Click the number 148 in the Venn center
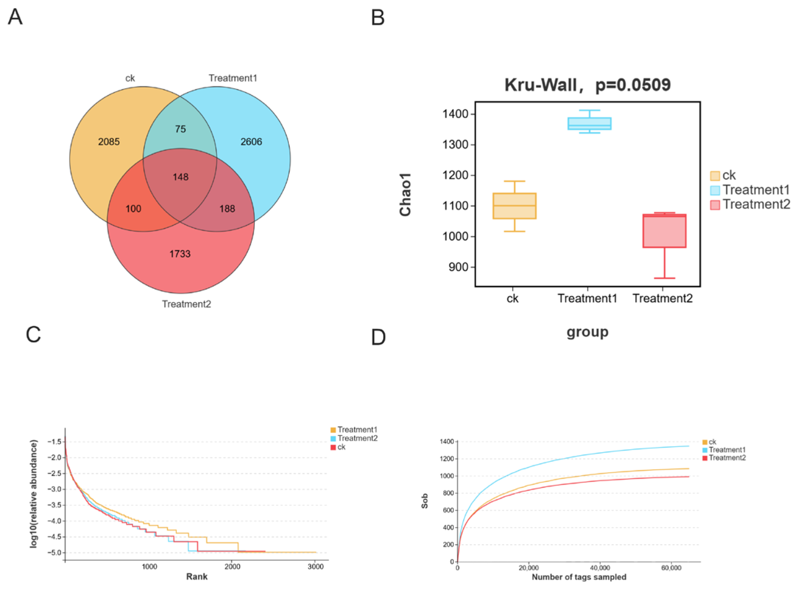point(180,177)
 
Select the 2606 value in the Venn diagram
point(251,142)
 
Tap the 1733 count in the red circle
point(180,254)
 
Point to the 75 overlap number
point(180,129)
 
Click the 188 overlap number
point(227,208)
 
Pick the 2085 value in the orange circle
point(109,142)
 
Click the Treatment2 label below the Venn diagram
point(186,304)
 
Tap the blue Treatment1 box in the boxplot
point(589,124)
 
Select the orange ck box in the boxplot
point(514,205)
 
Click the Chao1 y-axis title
point(405,194)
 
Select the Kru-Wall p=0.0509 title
point(587,85)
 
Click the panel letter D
point(378,337)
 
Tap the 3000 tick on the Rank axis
point(316,567)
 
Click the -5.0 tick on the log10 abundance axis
point(54,553)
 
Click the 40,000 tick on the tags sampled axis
point(600,568)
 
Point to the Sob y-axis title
point(425,501)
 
